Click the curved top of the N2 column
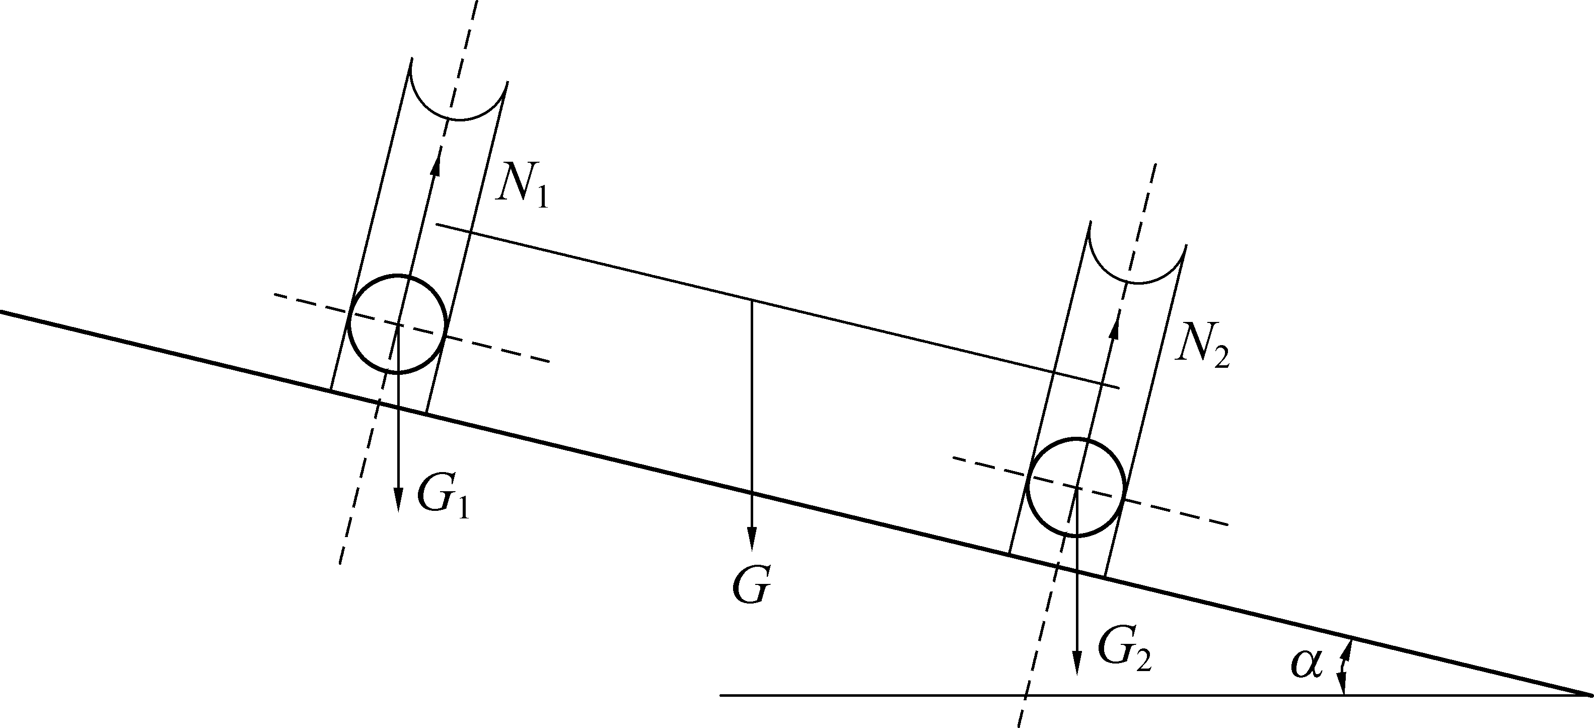click(x=1137, y=283)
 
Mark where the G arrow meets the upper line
click(x=752, y=300)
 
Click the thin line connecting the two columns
click(x=778, y=306)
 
